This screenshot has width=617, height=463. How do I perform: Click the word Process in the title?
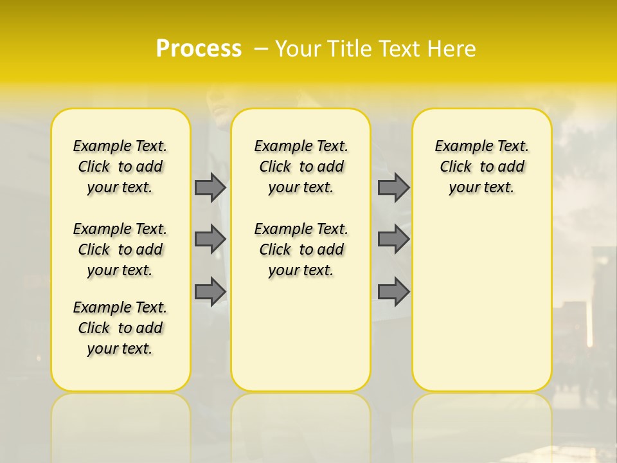pos(199,49)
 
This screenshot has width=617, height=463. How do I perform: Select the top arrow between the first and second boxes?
pos(210,187)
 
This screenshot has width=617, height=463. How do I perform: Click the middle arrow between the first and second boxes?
pos(210,239)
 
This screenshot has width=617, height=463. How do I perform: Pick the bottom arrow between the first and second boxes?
pos(210,291)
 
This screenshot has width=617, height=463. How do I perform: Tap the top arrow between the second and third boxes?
pos(393,187)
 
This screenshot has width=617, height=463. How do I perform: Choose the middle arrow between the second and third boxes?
pos(393,239)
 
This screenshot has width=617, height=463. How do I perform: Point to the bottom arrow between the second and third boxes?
pos(393,291)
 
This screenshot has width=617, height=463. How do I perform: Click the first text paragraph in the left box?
pos(120,167)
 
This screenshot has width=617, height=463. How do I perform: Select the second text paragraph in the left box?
pos(120,250)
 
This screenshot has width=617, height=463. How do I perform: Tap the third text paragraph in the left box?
pos(120,328)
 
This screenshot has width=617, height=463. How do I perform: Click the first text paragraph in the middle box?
pos(301,167)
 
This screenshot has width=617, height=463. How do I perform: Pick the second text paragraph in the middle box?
pos(301,250)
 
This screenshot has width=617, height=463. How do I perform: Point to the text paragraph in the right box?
pos(482,167)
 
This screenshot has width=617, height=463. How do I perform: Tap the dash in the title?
pos(261,49)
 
